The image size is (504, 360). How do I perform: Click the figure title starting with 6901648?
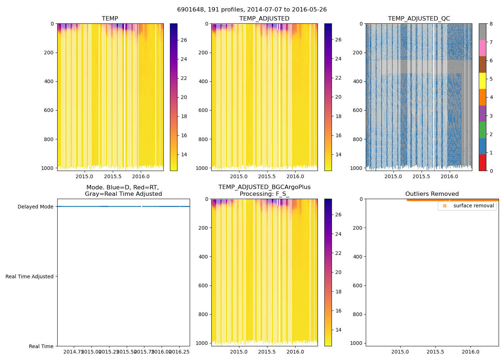point(252,10)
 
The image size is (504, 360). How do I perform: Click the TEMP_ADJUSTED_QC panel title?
point(419,18)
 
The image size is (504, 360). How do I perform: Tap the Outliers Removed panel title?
point(432,194)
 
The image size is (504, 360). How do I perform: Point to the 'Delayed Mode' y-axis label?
point(35,207)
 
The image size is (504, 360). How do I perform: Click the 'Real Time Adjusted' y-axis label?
point(30,276)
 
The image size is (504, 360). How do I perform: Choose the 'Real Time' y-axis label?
point(41,346)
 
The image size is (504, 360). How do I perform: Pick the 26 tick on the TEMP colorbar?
point(184,40)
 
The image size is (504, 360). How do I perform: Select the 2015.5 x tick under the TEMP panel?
point(113,176)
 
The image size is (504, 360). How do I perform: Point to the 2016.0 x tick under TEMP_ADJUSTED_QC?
point(449,176)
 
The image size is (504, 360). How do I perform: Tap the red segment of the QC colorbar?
point(482,162)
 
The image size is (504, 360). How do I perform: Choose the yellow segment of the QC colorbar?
point(482,81)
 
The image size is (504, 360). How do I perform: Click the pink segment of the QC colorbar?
point(482,48)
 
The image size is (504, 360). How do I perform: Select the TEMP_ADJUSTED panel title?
point(264,18)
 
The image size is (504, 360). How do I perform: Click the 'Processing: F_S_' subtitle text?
point(264,194)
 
